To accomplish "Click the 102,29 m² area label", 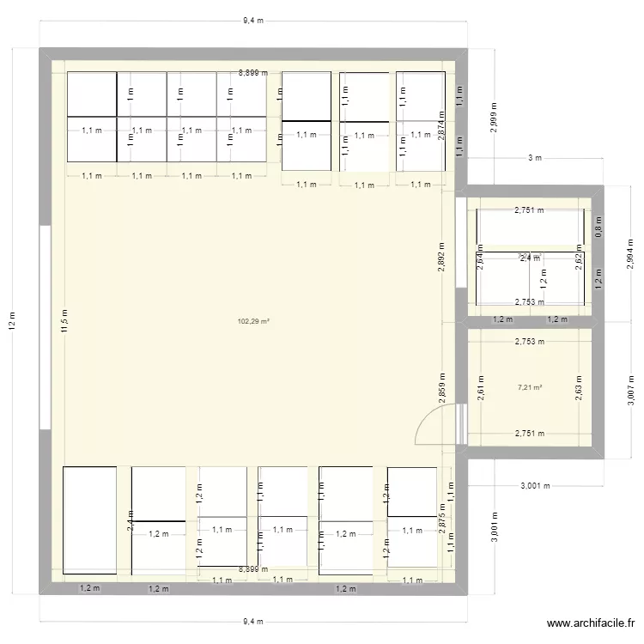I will [x=253, y=322].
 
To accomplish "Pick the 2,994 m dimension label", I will [x=630, y=255].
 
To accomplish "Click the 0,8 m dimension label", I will [x=598, y=228].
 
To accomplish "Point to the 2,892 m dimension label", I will [x=441, y=255].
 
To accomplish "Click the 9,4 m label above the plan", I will [x=252, y=21].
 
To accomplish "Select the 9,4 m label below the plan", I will [x=252, y=622].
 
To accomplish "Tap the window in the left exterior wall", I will [x=45, y=326].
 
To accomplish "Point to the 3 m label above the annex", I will [x=534, y=158].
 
